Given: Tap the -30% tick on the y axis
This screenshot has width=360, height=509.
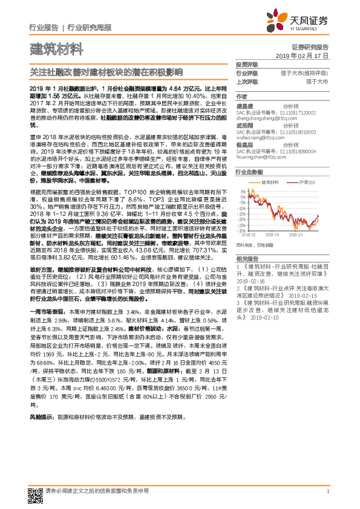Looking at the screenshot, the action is pos(242,230).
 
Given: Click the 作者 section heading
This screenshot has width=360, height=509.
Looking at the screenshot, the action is pos(242,96).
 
